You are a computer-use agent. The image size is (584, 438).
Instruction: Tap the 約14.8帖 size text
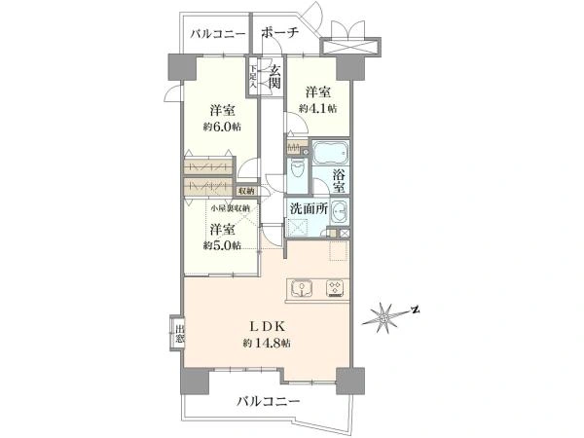click(x=267, y=343)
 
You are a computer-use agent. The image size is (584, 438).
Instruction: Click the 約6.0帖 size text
click(x=223, y=128)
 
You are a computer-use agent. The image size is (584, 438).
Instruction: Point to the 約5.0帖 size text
click(x=222, y=245)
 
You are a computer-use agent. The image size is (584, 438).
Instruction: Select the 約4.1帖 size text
click(x=316, y=108)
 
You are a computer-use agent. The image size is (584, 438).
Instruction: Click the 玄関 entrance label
click(x=275, y=77)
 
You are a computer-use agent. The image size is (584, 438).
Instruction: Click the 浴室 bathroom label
click(x=341, y=181)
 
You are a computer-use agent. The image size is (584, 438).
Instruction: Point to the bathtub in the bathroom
click(x=328, y=154)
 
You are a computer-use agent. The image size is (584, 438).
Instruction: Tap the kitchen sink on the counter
click(x=305, y=287)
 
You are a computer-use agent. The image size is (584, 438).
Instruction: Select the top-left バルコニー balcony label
click(x=217, y=34)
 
